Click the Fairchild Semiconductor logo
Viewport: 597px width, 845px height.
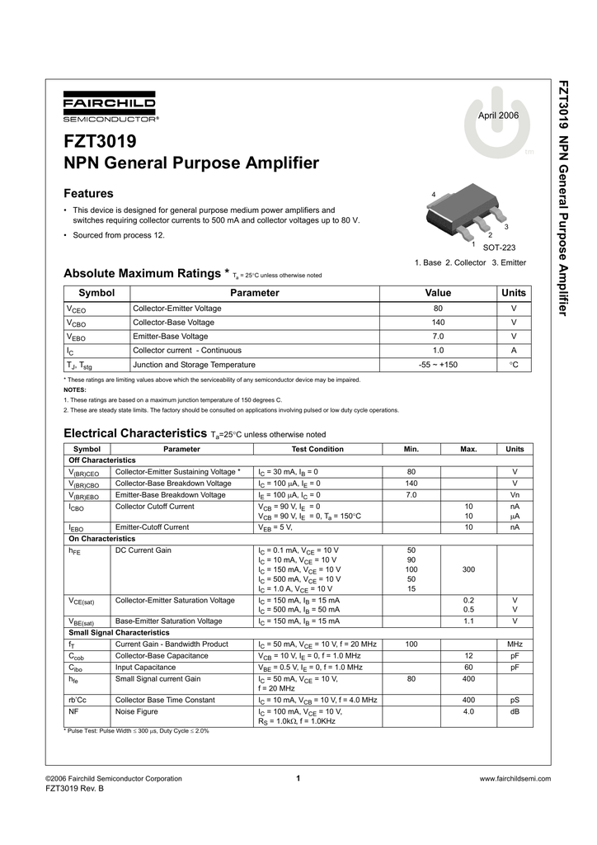click(x=110, y=109)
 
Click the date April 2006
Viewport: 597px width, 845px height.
click(x=499, y=115)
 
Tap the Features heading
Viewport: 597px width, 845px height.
click(x=88, y=193)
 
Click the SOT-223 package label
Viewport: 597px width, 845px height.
click(x=498, y=248)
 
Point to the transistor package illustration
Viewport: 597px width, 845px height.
click(x=465, y=215)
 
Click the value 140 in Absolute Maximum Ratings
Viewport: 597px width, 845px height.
click(x=438, y=322)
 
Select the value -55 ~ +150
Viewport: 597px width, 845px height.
click(x=438, y=364)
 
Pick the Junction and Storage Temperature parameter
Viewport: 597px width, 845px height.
click(x=194, y=364)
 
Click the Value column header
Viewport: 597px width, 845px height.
click(x=438, y=293)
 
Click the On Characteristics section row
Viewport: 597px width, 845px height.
click(x=101, y=538)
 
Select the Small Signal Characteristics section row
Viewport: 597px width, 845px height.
click(x=119, y=632)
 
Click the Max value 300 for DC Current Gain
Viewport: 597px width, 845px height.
click(x=468, y=569)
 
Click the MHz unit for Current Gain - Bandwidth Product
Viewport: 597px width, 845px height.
click(x=515, y=644)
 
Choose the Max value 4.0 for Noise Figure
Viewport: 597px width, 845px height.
click(x=468, y=710)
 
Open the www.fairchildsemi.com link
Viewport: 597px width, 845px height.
click(x=514, y=778)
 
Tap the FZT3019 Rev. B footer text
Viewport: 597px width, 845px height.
click(x=74, y=789)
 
